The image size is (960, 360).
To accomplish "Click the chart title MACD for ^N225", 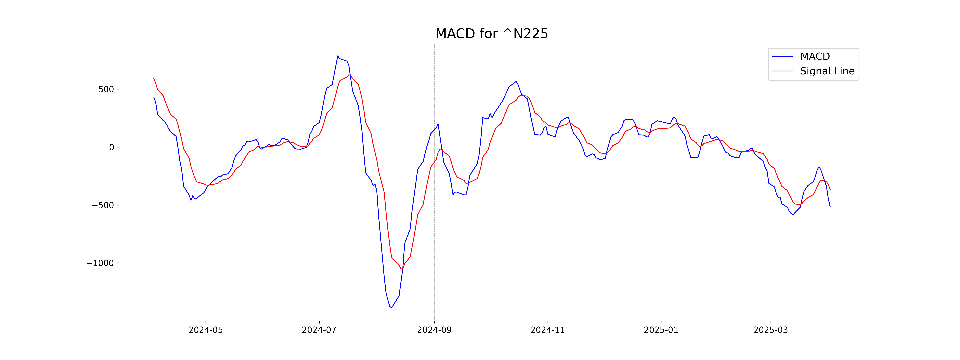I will click(x=492, y=34).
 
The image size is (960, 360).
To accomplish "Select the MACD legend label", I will click(x=815, y=57).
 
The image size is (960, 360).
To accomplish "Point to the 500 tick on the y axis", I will click(x=106, y=89).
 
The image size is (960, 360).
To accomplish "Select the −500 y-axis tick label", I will click(x=103, y=205).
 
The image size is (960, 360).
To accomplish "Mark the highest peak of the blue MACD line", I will click(x=338, y=56).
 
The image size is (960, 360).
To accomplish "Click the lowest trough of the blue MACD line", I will click(x=391, y=308).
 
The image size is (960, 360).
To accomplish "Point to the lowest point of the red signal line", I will click(x=401, y=269).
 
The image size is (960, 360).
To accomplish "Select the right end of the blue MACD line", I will click(x=830, y=207).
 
